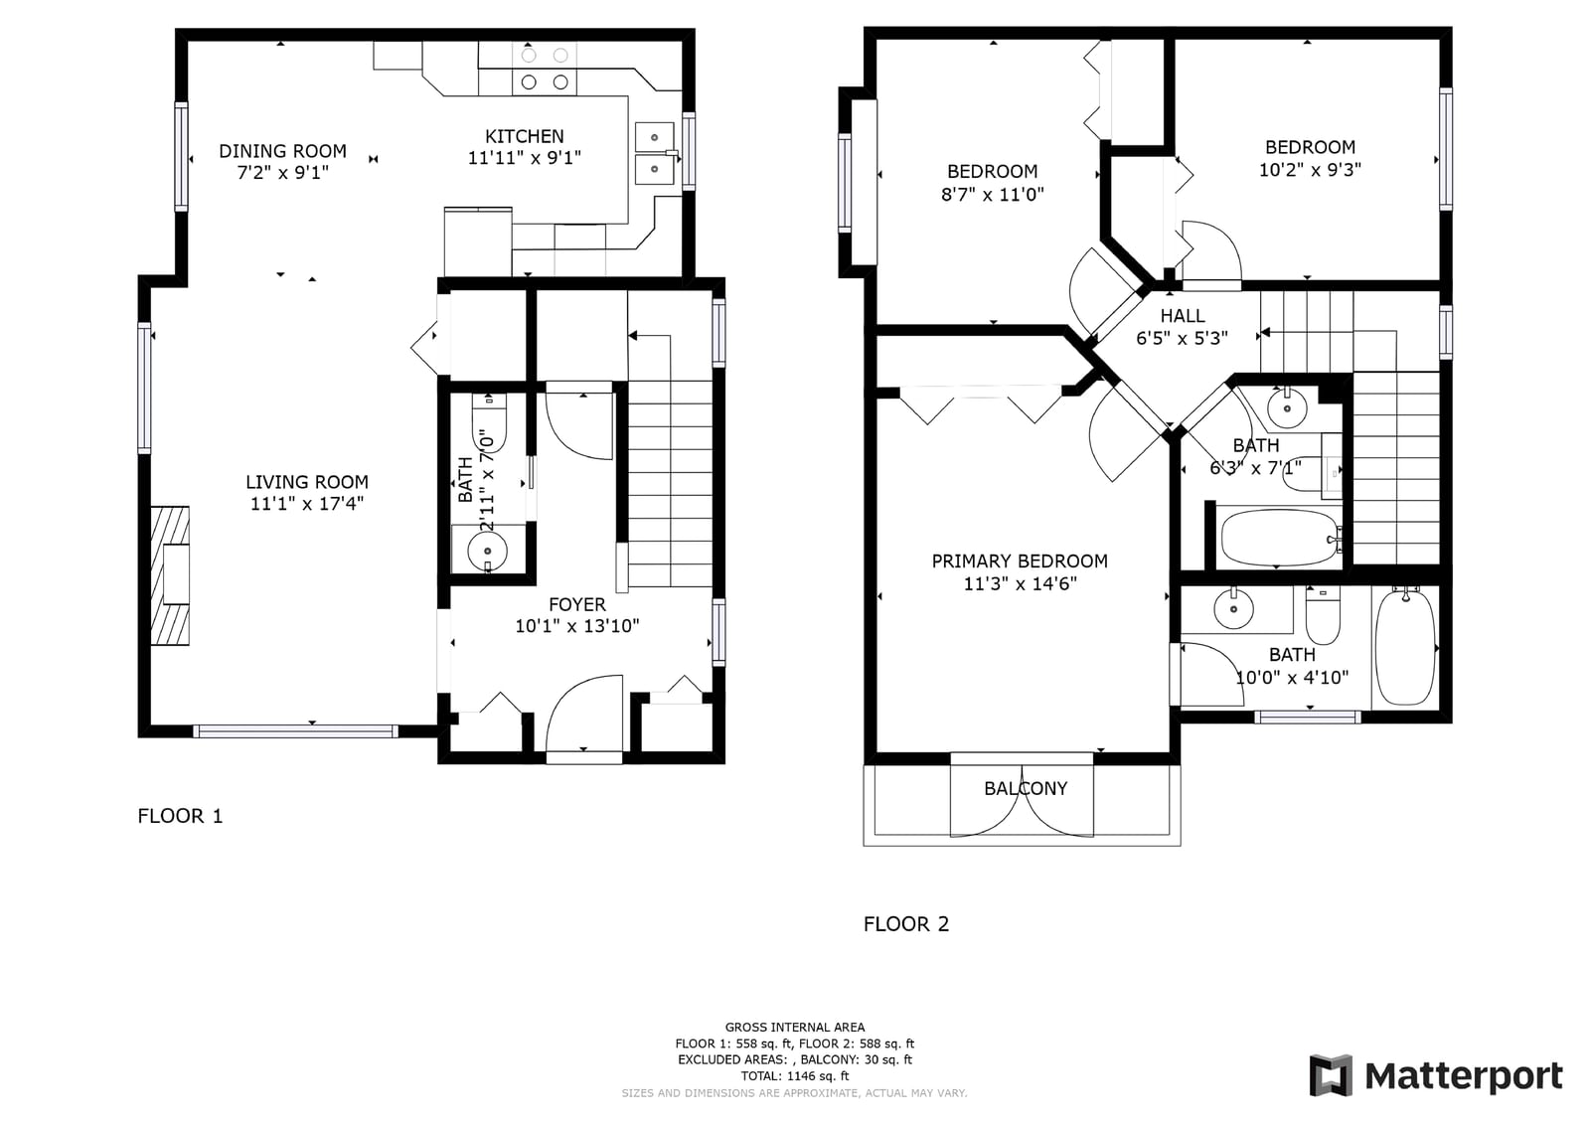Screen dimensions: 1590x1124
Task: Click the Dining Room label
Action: tap(282, 150)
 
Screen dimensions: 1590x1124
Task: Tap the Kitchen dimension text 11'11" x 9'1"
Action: tap(525, 158)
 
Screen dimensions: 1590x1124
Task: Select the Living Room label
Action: tap(307, 482)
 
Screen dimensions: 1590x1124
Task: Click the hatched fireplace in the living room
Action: tap(170, 575)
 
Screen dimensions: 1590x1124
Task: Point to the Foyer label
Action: tap(577, 604)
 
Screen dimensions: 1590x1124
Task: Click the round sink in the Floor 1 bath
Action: tap(488, 551)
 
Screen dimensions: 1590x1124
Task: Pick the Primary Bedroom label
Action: tap(1020, 561)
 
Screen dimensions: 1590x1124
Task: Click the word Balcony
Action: tap(1026, 788)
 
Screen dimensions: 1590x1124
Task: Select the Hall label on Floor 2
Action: tap(1182, 315)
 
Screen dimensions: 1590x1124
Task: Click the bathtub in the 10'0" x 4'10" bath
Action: tap(1405, 646)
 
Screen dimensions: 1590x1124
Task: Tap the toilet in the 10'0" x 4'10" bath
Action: tap(1323, 615)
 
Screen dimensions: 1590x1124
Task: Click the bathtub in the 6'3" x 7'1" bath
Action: tap(1279, 538)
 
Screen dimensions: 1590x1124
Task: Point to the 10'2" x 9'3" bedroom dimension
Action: tap(1310, 170)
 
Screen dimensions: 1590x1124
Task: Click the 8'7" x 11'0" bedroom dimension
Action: tap(993, 194)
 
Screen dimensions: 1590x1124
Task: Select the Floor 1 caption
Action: tap(180, 816)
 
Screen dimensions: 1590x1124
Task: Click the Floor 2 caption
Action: tap(905, 924)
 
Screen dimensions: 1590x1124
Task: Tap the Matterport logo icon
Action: tap(1331, 1075)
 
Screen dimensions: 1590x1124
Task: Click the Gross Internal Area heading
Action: tap(794, 1027)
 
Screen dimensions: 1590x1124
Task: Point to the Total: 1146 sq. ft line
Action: tap(794, 1075)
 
